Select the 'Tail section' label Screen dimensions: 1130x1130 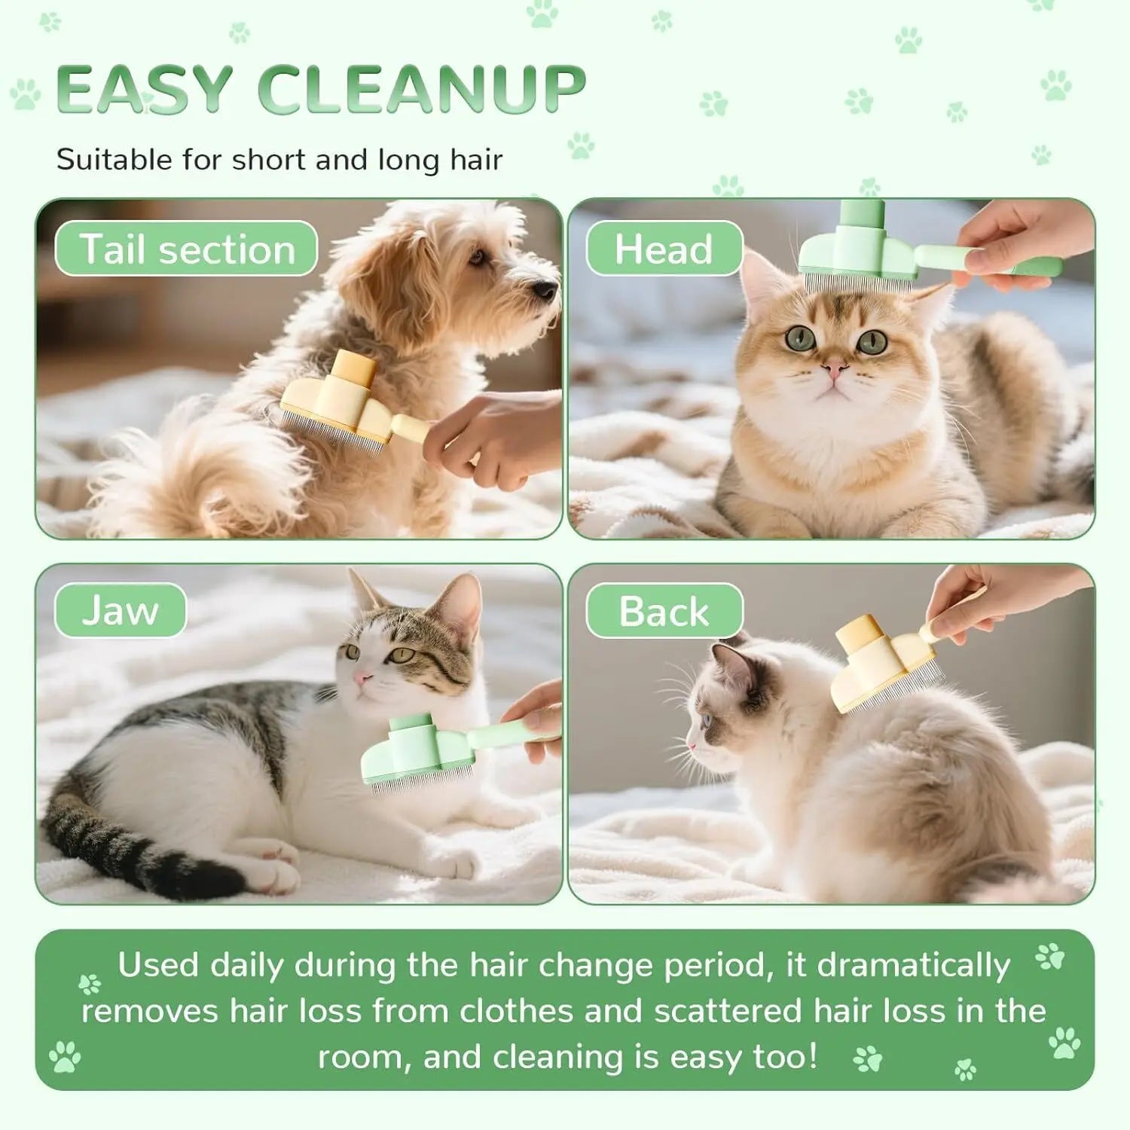click(186, 249)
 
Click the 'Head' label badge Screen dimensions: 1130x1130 click(664, 249)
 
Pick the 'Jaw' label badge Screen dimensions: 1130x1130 click(121, 611)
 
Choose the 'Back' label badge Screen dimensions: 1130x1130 click(664, 611)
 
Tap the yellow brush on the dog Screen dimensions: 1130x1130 click(343, 403)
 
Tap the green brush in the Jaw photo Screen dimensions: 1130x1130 click(422, 750)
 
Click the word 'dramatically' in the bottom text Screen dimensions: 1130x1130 click(913, 965)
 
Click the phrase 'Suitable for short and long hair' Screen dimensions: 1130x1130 click(279, 160)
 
